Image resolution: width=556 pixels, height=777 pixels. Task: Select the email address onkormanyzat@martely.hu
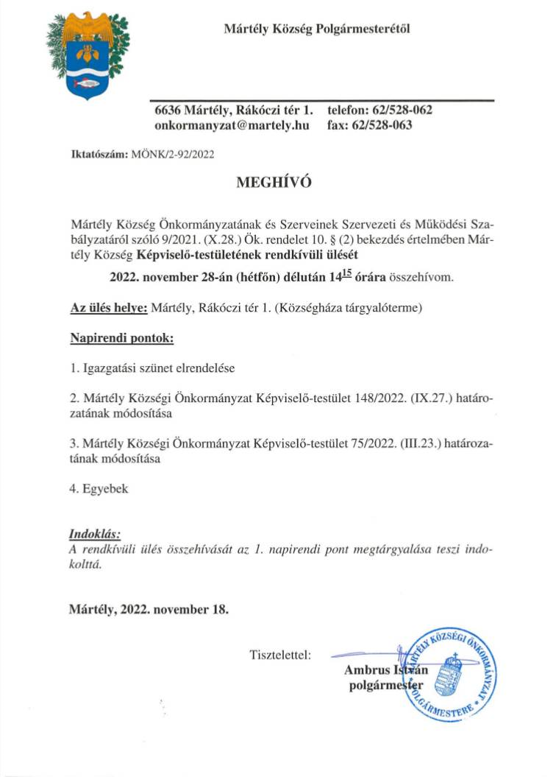(x=231, y=125)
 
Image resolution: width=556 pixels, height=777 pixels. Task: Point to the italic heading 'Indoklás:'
(x=95, y=534)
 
